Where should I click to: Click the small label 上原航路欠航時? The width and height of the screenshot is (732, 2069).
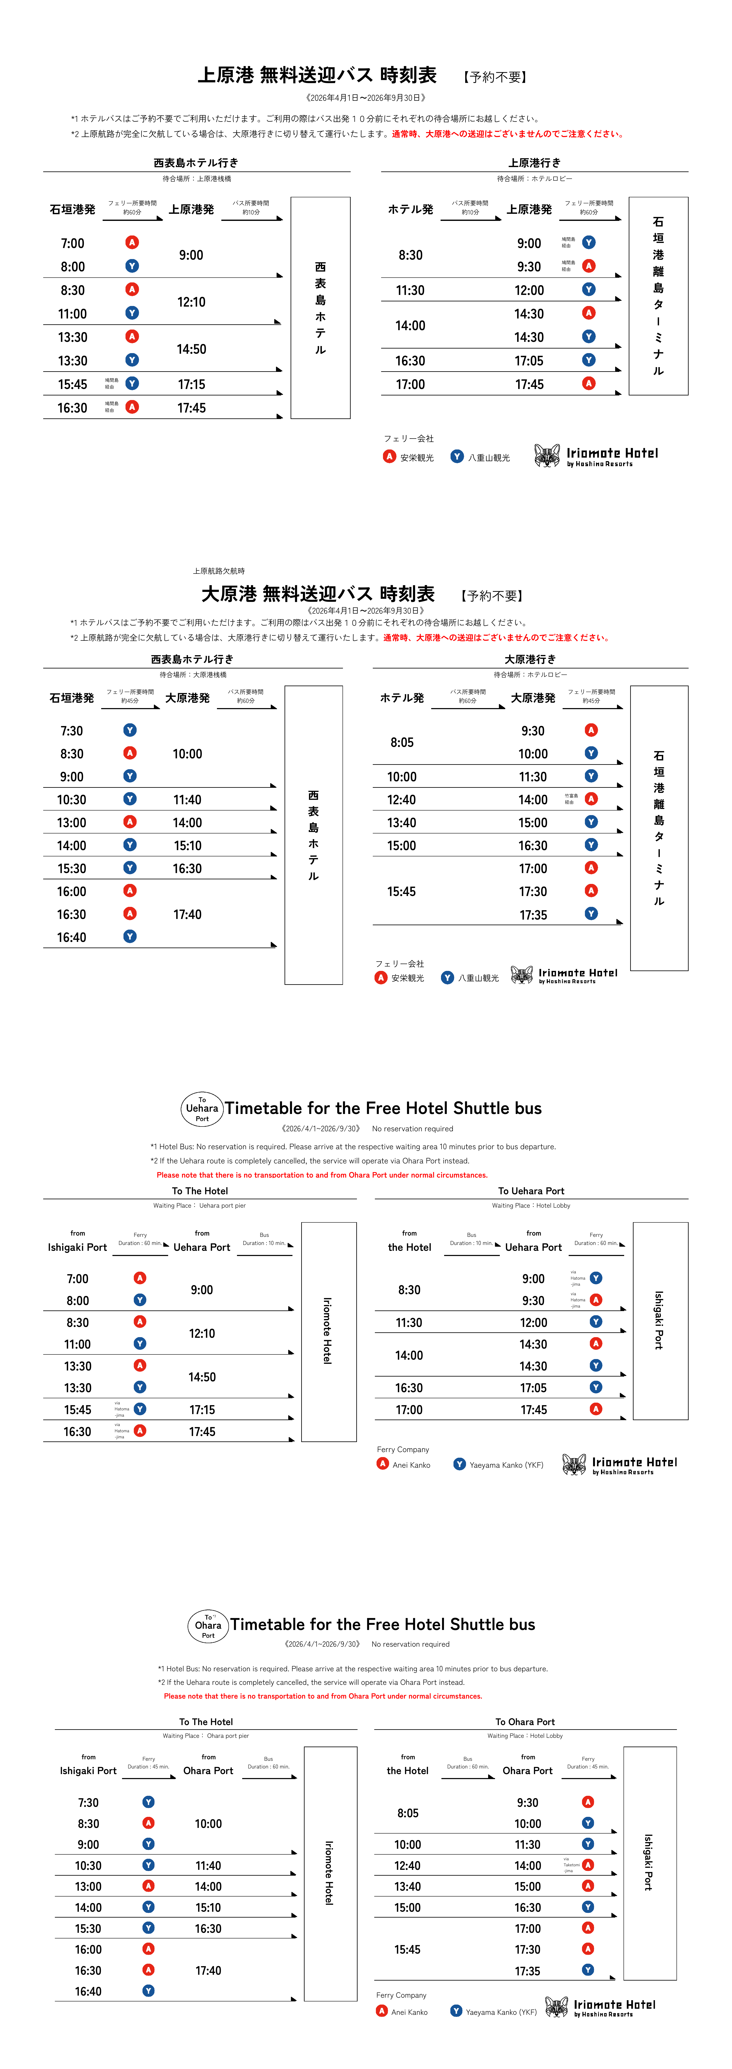[x=219, y=571]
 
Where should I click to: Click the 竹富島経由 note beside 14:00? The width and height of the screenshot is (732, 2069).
[x=570, y=799]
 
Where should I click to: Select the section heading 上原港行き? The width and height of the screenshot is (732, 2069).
[x=534, y=163]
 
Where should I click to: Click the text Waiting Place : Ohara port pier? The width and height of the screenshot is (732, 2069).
[x=206, y=1736]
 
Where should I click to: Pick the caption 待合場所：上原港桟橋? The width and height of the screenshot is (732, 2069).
[x=197, y=179]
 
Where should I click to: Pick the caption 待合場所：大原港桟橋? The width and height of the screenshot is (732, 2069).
[x=193, y=675]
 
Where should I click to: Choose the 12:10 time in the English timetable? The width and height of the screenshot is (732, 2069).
[x=202, y=1333]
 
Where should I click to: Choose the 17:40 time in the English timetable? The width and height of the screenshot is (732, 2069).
[x=208, y=1970]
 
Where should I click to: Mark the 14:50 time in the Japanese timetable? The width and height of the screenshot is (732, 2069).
[x=191, y=349]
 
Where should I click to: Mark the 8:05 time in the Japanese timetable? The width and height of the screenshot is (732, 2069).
[x=402, y=742]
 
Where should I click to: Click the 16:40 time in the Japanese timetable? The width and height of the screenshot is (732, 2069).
[x=72, y=937]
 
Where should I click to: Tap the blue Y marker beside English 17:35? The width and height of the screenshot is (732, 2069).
[x=588, y=1969]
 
